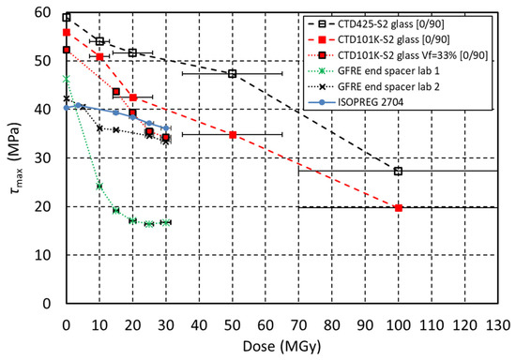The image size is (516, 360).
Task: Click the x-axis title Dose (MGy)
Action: (x=281, y=347)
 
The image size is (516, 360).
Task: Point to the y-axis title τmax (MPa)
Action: (x=15, y=158)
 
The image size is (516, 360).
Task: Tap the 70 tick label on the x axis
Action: (x=298, y=325)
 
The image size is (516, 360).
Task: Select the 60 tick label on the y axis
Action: (x=43, y=12)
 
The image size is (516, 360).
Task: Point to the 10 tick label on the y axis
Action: (x=43, y=255)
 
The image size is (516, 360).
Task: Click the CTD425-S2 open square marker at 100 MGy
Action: (x=398, y=171)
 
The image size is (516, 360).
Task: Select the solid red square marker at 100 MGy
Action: (x=399, y=208)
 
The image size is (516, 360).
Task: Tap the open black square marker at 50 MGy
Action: (x=233, y=74)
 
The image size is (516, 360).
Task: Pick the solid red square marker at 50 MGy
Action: (x=233, y=135)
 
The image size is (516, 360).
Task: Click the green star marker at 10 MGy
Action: (x=99, y=186)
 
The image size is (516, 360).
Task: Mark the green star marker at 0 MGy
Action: (x=67, y=79)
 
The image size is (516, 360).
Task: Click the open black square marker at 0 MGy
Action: (x=67, y=17)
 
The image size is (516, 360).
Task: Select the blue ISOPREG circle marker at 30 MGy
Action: (x=166, y=127)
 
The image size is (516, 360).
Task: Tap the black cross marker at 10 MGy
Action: (x=99, y=128)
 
